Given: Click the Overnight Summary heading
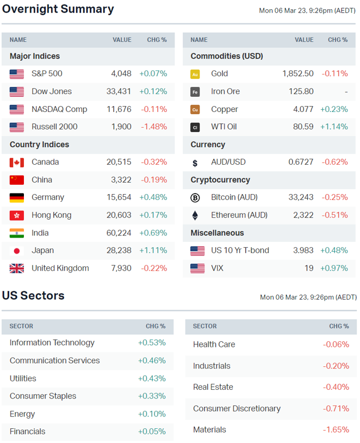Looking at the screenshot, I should (x=58, y=9).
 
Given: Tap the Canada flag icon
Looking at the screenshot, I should (x=17, y=162).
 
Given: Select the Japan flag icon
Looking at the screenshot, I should (x=17, y=251).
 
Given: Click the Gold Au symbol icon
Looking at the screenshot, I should (x=195, y=74).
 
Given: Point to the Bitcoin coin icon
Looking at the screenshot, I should (x=195, y=197).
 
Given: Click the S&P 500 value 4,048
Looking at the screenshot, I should (x=121, y=73).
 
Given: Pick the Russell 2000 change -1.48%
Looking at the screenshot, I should (x=154, y=127).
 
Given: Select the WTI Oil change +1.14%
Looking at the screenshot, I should (x=334, y=127).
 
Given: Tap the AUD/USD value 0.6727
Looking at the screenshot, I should (x=300, y=162).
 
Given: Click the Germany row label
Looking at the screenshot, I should (x=48, y=197).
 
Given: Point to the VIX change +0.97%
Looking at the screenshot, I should (x=334, y=268).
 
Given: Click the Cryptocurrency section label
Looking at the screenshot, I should (x=220, y=180).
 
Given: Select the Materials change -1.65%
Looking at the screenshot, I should (x=336, y=429).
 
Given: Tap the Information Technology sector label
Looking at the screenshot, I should (x=52, y=342).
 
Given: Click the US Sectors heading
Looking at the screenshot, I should (x=33, y=296).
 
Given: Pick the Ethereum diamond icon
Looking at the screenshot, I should (x=195, y=215).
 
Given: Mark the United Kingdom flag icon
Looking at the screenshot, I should (x=17, y=268).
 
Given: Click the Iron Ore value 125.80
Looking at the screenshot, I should (x=300, y=91).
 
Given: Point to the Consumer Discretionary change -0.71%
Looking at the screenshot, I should (x=336, y=408).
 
